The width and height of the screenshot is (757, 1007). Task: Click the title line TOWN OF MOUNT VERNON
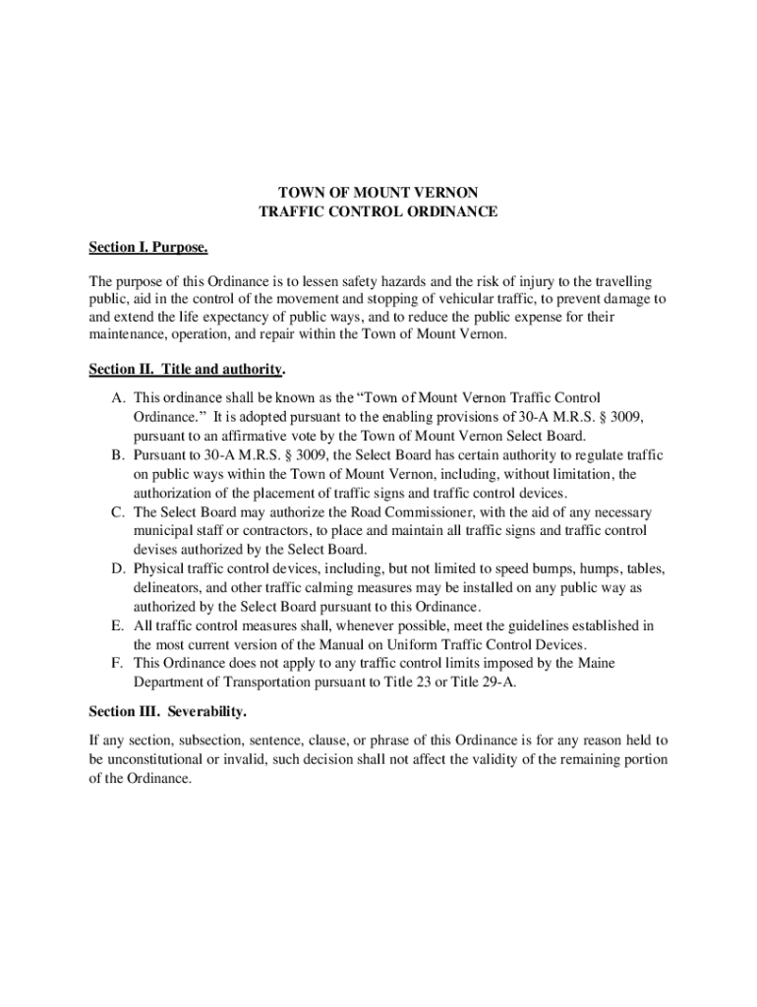pos(378,193)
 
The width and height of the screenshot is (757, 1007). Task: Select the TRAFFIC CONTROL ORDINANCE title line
pos(378,211)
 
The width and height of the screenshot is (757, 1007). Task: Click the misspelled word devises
pos(157,550)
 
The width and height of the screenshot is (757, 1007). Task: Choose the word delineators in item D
pos(168,588)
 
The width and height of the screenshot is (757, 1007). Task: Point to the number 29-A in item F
pos(495,682)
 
